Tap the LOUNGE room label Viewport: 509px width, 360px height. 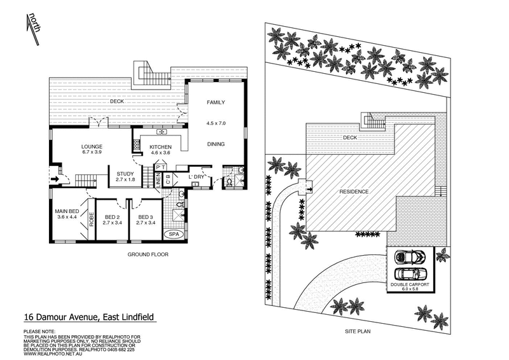pos(92,147)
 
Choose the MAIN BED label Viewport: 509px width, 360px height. pos(66,211)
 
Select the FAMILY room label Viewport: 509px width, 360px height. pos(216,102)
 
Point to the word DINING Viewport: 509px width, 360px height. pos(216,144)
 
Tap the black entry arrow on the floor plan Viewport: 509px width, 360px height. pos(57,179)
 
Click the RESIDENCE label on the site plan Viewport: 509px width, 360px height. pos(353,191)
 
